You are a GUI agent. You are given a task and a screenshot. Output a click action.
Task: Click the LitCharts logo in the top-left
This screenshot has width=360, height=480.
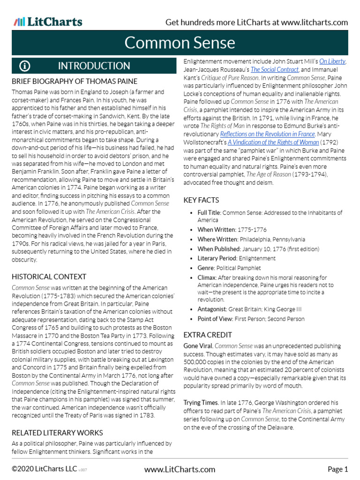[48, 22]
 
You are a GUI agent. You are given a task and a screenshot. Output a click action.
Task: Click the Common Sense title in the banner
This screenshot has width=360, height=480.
[180, 43]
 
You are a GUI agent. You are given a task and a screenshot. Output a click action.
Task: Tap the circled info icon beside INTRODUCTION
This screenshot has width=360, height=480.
[25, 66]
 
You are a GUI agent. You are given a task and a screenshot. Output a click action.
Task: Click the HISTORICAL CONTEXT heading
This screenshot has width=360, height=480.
[49, 277]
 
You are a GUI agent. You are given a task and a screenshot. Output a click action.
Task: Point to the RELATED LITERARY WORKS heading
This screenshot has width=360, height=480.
[57, 432]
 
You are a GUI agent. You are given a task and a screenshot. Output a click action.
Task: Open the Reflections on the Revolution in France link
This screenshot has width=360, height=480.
[267, 134]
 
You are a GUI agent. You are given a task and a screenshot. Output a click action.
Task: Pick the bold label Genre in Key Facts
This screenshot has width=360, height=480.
[206, 268]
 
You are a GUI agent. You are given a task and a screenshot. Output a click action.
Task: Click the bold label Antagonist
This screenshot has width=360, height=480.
[212, 309]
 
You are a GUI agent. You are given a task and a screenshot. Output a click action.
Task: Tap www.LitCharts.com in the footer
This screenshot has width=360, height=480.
[180, 469]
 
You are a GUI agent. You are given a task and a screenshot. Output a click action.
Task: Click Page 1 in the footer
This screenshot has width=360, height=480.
[337, 469]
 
